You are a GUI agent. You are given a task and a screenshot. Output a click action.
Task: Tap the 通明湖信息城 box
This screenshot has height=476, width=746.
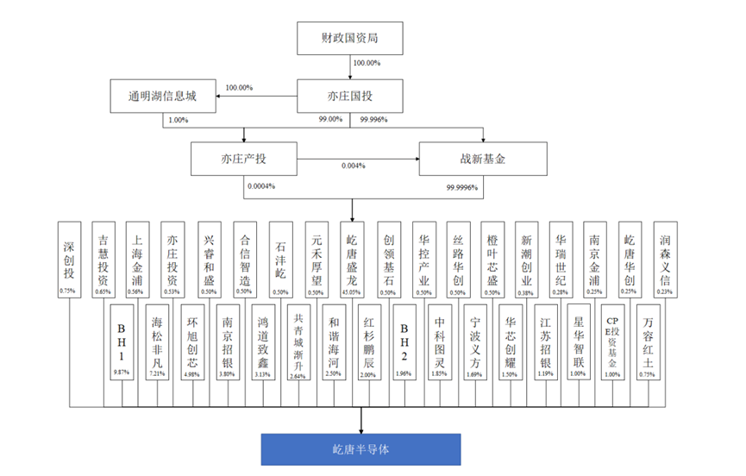[161, 96]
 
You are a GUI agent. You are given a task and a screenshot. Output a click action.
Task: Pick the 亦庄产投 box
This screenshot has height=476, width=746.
[242, 159]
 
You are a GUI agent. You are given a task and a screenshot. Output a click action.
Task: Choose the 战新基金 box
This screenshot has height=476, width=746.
[483, 159]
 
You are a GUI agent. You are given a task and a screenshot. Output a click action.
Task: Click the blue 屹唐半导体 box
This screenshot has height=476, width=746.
[361, 449]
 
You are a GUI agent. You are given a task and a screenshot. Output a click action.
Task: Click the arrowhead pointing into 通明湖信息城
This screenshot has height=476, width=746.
[216, 96]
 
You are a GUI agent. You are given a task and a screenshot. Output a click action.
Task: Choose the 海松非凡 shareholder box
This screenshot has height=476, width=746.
[156, 336]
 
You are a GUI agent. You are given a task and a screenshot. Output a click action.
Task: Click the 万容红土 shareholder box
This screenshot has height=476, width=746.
[648, 336]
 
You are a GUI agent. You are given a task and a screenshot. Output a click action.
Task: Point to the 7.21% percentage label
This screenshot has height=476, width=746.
[156, 373]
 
